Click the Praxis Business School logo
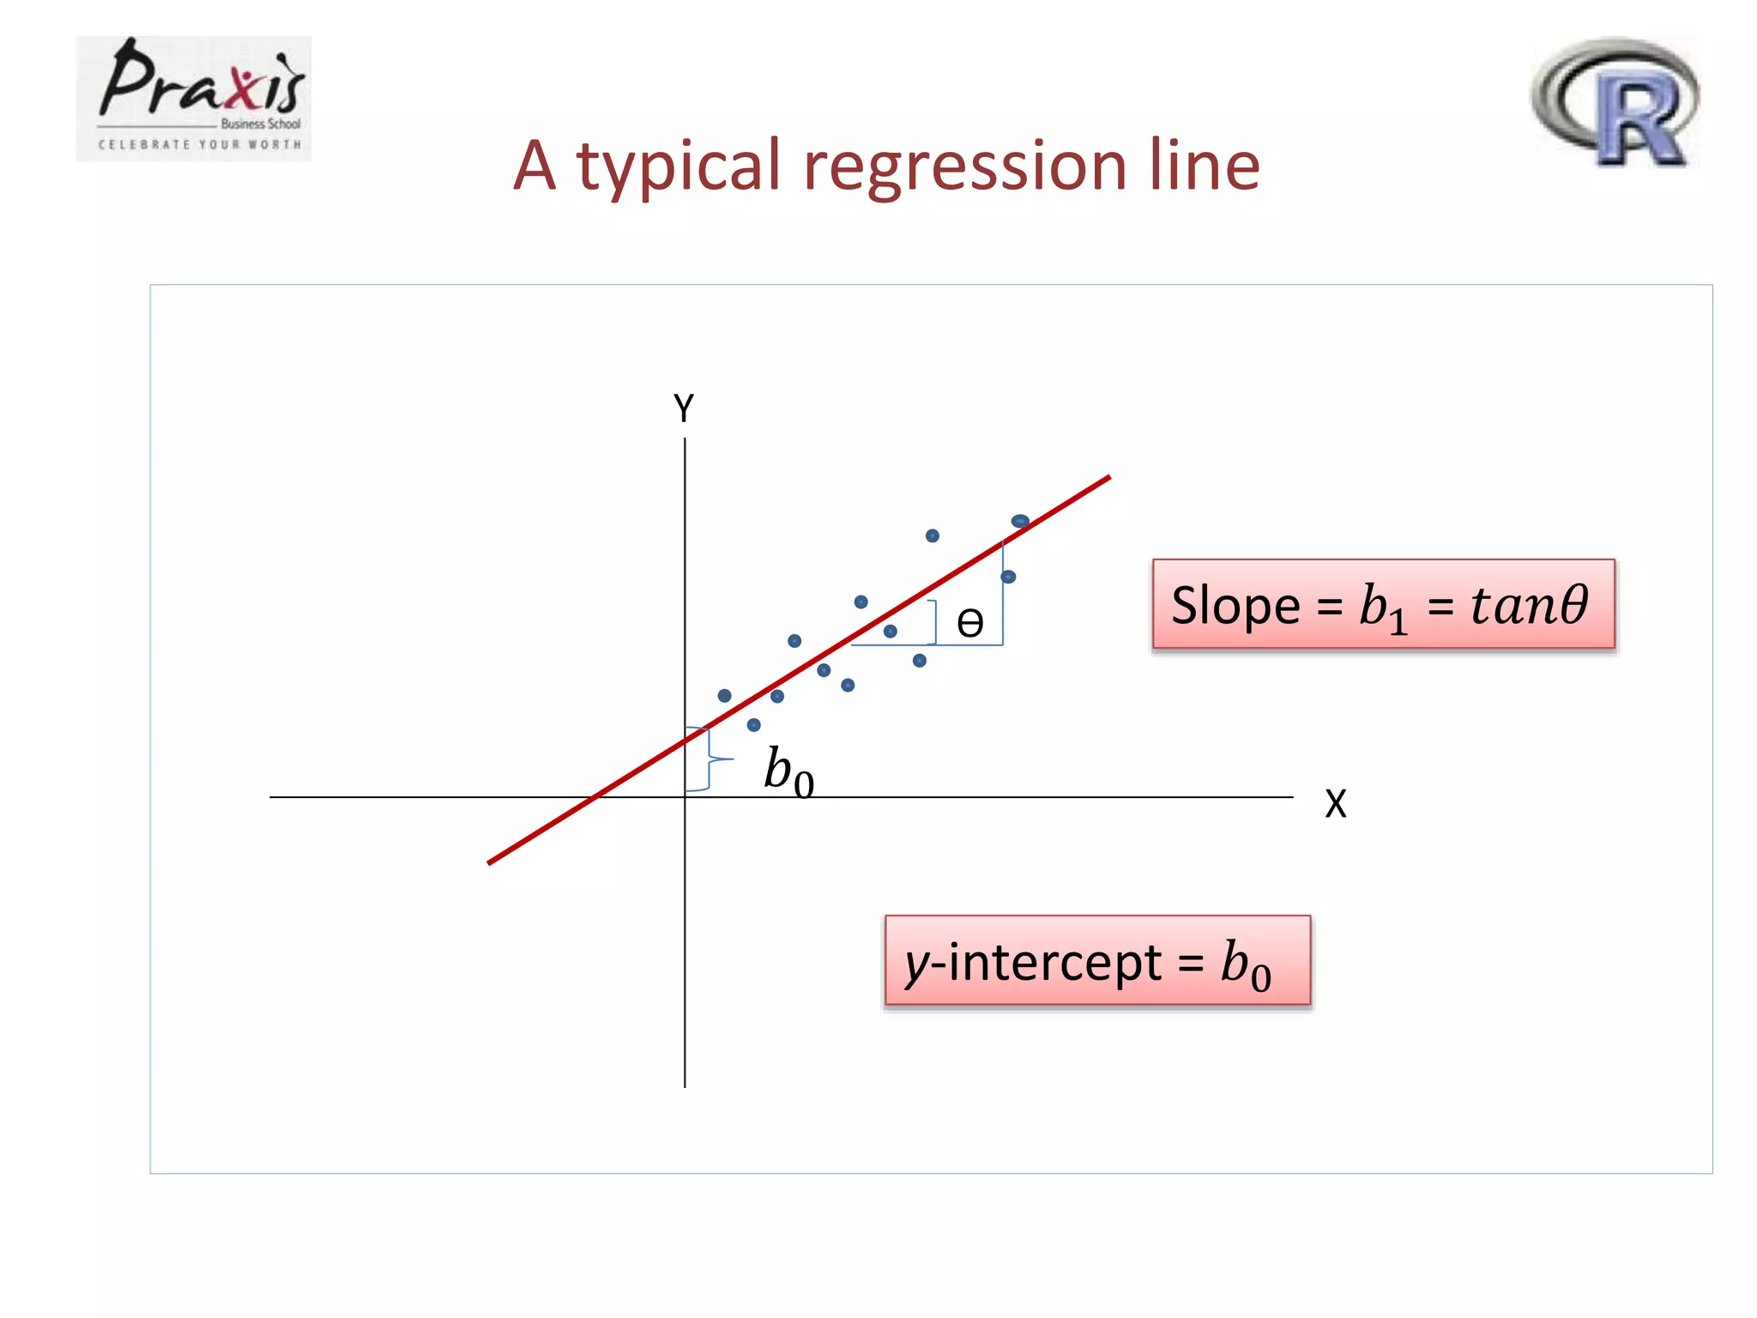pyautogui.click(x=194, y=99)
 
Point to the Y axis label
pyautogui.click(x=684, y=408)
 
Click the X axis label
pyautogui.click(x=1335, y=804)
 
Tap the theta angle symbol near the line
pyautogui.click(x=969, y=623)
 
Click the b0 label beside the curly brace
pyautogui.click(x=788, y=770)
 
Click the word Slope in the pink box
pyautogui.click(x=1235, y=606)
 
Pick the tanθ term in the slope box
pyautogui.click(x=1529, y=604)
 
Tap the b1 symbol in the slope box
pyautogui.click(x=1383, y=608)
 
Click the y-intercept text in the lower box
pyautogui.click(x=1033, y=963)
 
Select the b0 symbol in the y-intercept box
pyautogui.click(x=1246, y=964)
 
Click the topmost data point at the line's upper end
pyautogui.click(x=1020, y=521)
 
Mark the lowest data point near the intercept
pyautogui.click(x=753, y=725)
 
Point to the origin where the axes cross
pyautogui.click(x=685, y=797)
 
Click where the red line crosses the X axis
pyautogui.click(x=593, y=797)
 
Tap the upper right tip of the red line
pyautogui.click(x=1108, y=478)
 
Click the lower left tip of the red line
pyautogui.click(x=489, y=862)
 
